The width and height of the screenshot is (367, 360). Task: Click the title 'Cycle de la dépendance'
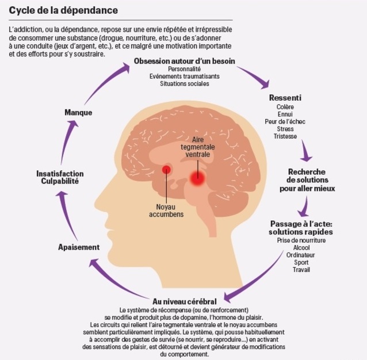pyautogui.click(x=63, y=10)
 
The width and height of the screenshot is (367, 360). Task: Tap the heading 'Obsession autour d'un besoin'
pyautogui.click(x=185, y=61)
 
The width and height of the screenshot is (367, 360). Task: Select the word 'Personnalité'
pyautogui.click(x=185, y=69)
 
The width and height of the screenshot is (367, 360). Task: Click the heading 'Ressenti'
pyautogui.click(x=285, y=98)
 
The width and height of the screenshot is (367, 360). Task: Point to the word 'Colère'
pyautogui.click(x=285, y=107)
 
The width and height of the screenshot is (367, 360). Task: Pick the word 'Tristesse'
pyautogui.click(x=285, y=136)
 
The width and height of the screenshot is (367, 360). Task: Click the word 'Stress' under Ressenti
pyautogui.click(x=285, y=129)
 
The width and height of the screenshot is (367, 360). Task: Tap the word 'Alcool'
pyautogui.click(x=301, y=248)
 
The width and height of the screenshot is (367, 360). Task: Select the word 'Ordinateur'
pyautogui.click(x=301, y=255)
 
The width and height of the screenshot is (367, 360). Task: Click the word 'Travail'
pyautogui.click(x=301, y=270)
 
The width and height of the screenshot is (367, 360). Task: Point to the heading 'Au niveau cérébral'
pyautogui.click(x=185, y=301)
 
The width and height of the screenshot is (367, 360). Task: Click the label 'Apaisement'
pyautogui.click(x=79, y=247)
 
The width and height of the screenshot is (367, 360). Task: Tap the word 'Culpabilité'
pyautogui.click(x=60, y=181)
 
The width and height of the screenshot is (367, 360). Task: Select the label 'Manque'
pyautogui.click(x=78, y=113)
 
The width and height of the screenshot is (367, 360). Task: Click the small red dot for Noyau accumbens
pyautogui.click(x=166, y=169)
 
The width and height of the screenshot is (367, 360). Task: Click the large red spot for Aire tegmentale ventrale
pyautogui.click(x=197, y=178)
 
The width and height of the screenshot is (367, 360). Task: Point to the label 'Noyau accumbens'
pyautogui.click(x=166, y=210)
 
